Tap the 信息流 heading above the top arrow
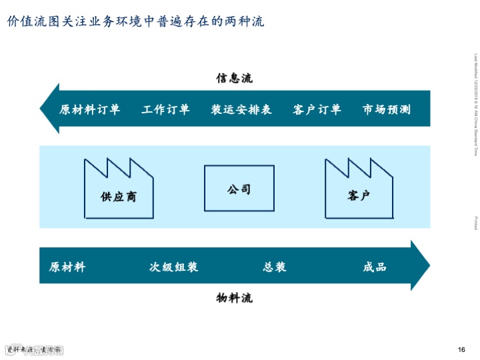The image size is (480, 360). [x=234, y=78]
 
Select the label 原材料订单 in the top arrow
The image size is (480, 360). [x=90, y=109]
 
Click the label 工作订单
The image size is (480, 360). [x=165, y=109]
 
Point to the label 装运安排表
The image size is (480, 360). [x=241, y=109]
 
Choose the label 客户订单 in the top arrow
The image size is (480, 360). [x=317, y=109]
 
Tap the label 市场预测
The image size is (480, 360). [x=386, y=109]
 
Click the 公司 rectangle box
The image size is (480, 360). [x=239, y=189]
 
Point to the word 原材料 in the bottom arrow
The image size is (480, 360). [x=67, y=267]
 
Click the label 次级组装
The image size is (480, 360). [x=173, y=267]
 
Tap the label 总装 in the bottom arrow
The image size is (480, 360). [x=275, y=267]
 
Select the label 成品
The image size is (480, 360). [x=375, y=267]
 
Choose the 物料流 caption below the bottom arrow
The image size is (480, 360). [x=234, y=297]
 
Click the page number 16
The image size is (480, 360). [x=461, y=350]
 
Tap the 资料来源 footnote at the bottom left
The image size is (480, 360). [x=33, y=350]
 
